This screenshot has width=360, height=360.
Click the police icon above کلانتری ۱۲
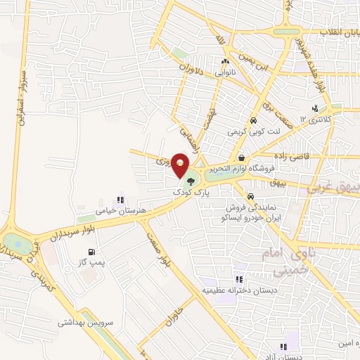[x=314, y=109]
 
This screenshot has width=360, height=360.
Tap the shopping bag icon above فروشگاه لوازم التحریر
[x=241, y=157]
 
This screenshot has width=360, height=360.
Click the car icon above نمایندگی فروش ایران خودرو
[x=251, y=196]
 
